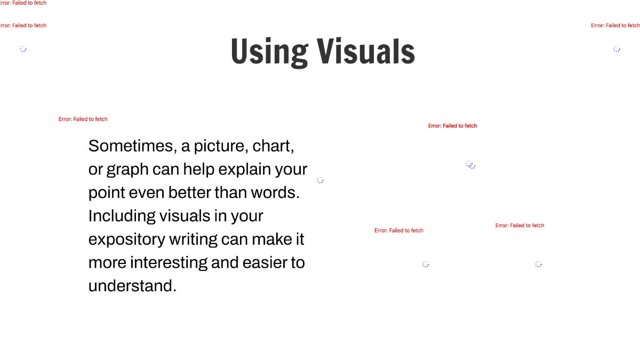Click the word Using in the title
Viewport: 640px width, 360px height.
tap(269, 52)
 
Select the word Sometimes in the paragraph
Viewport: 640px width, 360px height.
tap(133, 146)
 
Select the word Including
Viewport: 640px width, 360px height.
tap(122, 216)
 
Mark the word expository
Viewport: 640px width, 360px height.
tap(126, 239)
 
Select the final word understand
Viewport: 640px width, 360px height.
tap(132, 286)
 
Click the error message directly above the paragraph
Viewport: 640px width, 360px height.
tap(83, 119)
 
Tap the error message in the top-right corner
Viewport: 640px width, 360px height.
tap(615, 26)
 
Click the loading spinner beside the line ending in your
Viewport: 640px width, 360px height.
tap(320, 180)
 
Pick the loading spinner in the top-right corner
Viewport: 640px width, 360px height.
tap(617, 49)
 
